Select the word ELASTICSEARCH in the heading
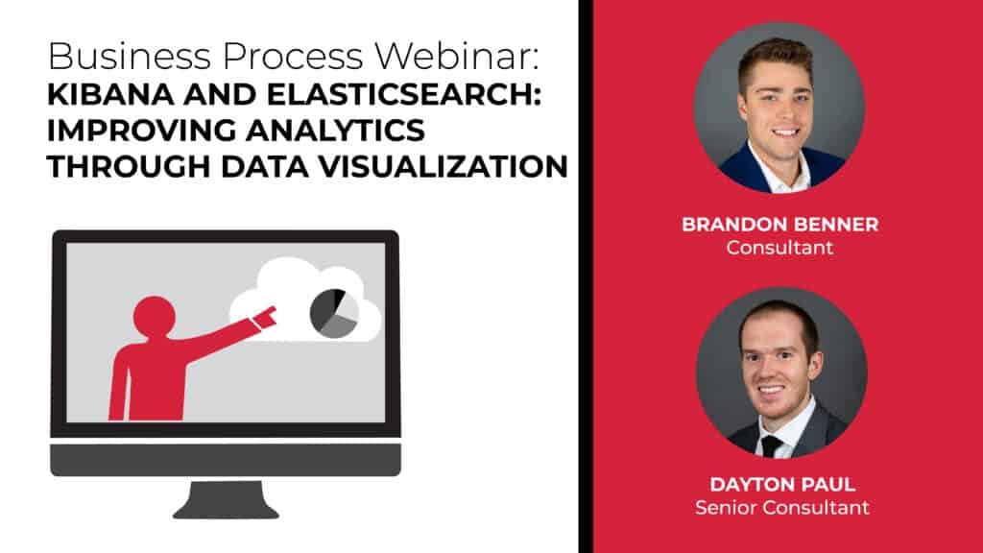pyautogui.click(x=404, y=95)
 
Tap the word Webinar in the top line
pyautogui.click(x=457, y=56)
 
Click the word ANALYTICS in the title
pyautogui.click(x=335, y=131)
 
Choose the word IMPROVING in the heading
pyautogui.click(x=142, y=131)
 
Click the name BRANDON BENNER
pyautogui.click(x=779, y=225)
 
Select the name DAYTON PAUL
pyautogui.click(x=782, y=484)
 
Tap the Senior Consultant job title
pyautogui.click(x=781, y=507)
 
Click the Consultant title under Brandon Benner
pyautogui.click(x=779, y=248)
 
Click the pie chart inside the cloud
pyautogui.click(x=334, y=314)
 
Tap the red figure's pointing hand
pyautogui.click(x=265, y=317)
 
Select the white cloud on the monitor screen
pyautogui.click(x=305, y=300)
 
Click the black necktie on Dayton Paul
pyautogui.click(x=771, y=445)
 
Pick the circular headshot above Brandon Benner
pyautogui.click(x=779, y=108)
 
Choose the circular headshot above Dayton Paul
pyautogui.click(x=781, y=373)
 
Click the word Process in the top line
pyautogui.click(x=293, y=56)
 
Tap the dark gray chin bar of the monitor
pyautogui.click(x=226, y=460)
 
